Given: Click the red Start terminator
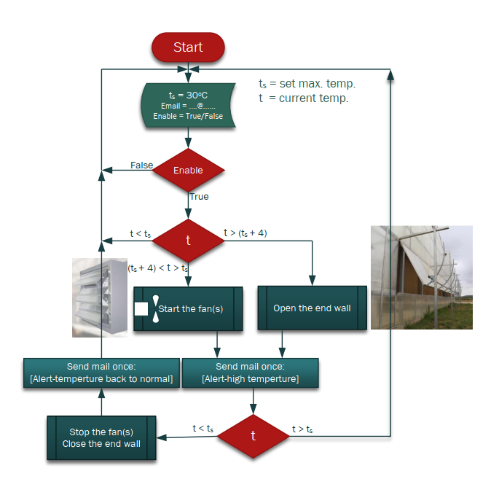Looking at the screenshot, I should [188, 47].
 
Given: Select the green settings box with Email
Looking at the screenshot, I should [188, 106].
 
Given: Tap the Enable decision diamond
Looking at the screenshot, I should [188, 171].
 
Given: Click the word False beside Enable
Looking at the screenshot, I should [141, 165].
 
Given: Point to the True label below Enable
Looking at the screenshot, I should [199, 197].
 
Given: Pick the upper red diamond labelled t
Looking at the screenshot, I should [188, 241].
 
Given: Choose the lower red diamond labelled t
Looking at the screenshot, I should [253, 436].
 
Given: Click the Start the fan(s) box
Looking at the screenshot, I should [188, 308].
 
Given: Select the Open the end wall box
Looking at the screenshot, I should [312, 308].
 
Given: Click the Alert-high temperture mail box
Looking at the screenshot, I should [250, 373].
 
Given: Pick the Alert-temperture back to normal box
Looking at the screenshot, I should [101, 373].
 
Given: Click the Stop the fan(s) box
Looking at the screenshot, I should [101, 437].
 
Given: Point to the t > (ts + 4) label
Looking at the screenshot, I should [245, 233].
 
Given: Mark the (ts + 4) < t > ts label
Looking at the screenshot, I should [158, 268].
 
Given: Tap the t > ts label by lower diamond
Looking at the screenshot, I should [302, 429].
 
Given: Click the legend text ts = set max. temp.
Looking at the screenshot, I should [307, 84].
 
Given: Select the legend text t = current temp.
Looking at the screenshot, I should [304, 98].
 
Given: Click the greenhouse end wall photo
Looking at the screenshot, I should [421, 277].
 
